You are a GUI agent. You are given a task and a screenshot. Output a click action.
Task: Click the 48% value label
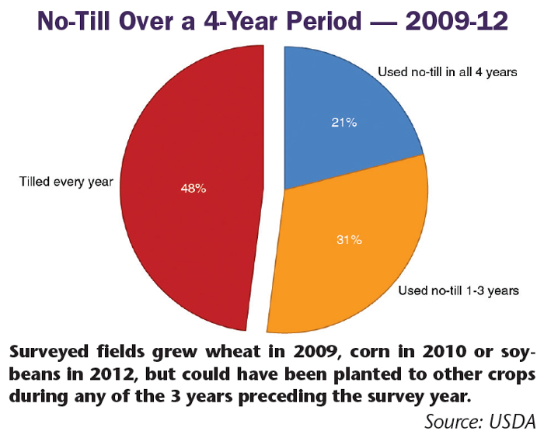click(x=194, y=188)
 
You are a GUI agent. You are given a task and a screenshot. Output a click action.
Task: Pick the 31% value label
click(x=348, y=240)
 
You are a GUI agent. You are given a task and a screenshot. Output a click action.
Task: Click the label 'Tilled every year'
click(x=66, y=182)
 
